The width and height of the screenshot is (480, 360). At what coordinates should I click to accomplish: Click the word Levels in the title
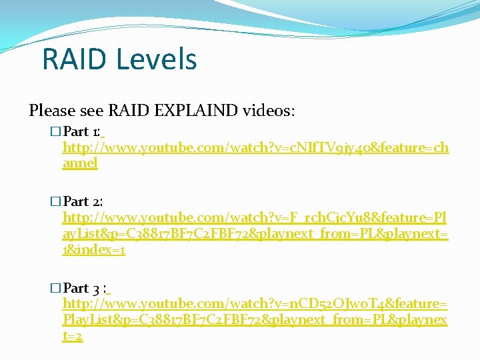point(156,59)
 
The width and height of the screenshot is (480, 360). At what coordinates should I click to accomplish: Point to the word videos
point(266,110)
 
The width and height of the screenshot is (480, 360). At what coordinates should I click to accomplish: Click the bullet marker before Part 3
point(55,288)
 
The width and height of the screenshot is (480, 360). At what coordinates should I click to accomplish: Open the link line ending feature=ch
point(255,147)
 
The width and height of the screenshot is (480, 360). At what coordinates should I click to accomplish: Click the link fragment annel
point(80,163)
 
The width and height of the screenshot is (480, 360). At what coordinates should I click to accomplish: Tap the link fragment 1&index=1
point(94,250)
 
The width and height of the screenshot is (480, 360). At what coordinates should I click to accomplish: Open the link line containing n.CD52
point(255,304)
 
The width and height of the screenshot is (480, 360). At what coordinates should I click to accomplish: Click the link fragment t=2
point(72,336)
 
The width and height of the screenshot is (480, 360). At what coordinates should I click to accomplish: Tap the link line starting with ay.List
point(255,234)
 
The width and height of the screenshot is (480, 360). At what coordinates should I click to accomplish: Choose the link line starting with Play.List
point(255,320)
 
